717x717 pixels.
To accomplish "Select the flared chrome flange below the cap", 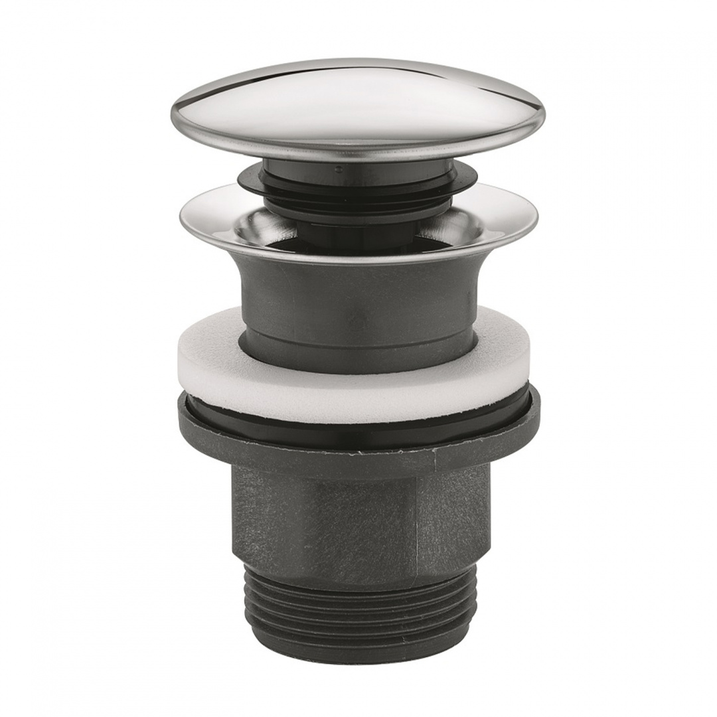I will coord(219,222).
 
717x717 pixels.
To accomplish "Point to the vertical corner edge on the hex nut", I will coord(418,524).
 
